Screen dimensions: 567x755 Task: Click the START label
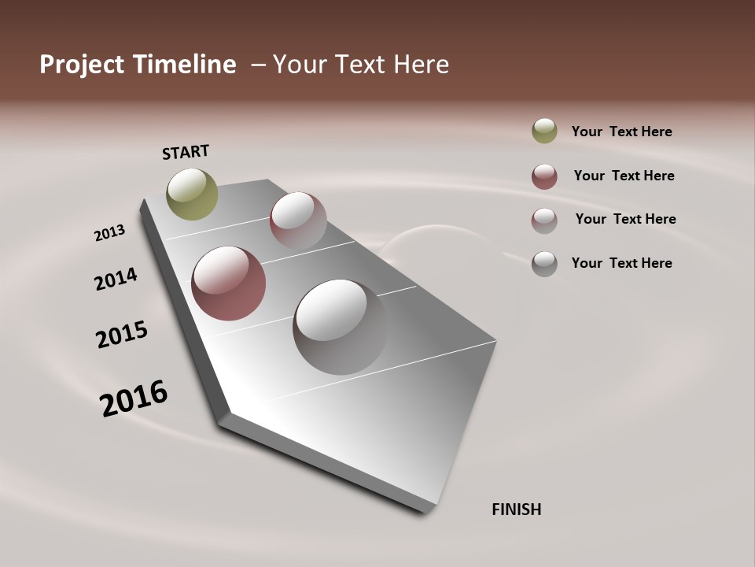[x=186, y=152]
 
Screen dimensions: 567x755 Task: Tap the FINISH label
[x=516, y=510]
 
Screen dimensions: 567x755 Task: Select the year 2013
[x=109, y=233]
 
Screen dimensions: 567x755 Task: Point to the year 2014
[x=116, y=279]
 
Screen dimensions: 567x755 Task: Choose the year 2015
[x=122, y=335]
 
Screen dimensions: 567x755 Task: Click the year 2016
[x=134, y=398]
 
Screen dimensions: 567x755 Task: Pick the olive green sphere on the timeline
[x=192, y=194]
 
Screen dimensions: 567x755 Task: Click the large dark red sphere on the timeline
[x=228, y=283]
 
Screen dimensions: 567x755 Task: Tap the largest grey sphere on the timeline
[x=340, y=326]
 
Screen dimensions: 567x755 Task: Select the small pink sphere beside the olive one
[x=298, y=220]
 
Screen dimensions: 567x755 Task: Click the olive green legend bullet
[x=544, y=132]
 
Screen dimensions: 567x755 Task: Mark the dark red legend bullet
[x=544, y=176]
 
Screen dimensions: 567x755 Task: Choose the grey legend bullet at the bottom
[x=544, y=264]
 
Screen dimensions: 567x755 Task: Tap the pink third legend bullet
[x=544, y=220]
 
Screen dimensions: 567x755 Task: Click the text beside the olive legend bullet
[x=621, y=132]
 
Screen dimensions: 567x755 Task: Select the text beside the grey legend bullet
[x=621, y=263]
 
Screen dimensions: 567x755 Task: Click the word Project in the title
[x=82, y=65]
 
